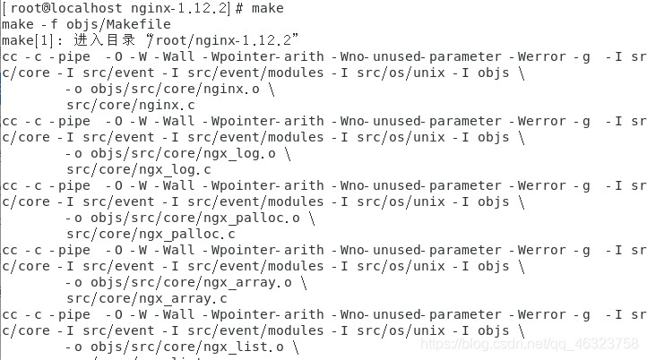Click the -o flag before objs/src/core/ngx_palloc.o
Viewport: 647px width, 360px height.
(75, 218)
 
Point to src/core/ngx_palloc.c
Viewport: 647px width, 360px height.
(147, 234)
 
